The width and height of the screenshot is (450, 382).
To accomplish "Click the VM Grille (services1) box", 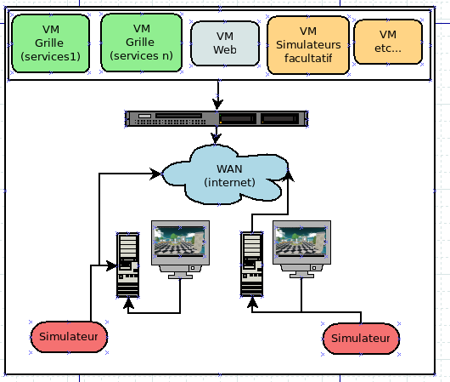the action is [x=51, y=43].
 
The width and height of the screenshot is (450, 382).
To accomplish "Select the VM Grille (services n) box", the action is [x=142, y=43].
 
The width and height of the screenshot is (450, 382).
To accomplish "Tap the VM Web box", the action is [x=225, y=43].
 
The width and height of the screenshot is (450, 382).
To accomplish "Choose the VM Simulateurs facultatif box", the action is [x=308, y=45].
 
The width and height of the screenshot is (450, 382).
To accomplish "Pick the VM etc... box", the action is [x=388, y=42].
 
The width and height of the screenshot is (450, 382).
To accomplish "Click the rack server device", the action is [x=217, y=118].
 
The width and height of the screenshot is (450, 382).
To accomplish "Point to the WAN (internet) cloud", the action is [x=225, y=175].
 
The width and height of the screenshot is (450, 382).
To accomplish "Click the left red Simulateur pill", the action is [x=69, y=337].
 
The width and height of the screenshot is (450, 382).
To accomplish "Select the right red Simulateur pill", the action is [x=361, y=339].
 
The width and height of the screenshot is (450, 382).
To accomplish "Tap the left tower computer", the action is [x=128, y=265].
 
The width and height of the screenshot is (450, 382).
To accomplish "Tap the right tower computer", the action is [x=252, y=264].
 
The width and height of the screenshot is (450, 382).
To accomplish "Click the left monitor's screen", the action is [x=180, y=242].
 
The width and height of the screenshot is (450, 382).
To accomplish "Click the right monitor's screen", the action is [x=301, y=242].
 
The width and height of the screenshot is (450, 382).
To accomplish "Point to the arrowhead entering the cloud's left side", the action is [x=156, y=174].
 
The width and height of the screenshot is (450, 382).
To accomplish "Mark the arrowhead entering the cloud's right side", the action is [x=288, y=175].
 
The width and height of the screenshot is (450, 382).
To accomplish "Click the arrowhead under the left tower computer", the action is [x=128, y=303].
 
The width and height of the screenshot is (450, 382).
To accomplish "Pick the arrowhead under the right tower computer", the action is [x=252, y=302].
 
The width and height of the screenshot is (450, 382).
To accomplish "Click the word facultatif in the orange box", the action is [x=308, y=59].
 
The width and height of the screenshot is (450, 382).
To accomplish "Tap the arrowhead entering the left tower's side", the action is [x=111, y=265].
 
